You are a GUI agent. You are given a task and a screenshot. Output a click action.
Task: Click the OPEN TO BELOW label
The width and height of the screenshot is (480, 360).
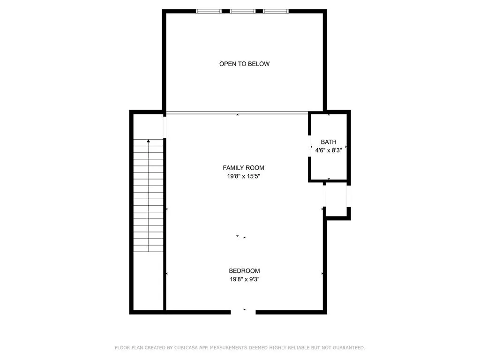tap(244, 64)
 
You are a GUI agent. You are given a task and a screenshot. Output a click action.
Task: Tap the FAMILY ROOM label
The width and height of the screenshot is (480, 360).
tap(243, 168)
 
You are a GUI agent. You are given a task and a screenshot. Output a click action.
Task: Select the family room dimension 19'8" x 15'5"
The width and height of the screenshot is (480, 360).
tap(243, 176)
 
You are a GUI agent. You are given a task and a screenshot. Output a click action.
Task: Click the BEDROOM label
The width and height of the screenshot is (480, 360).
tap(244, 270)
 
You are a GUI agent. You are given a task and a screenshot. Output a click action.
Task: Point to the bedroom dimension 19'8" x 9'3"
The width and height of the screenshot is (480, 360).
tap(244, 279)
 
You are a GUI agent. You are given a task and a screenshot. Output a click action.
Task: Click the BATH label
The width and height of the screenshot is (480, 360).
tap(329, 142)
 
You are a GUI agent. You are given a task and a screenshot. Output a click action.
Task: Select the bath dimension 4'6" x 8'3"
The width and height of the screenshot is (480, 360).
tap(329, 150)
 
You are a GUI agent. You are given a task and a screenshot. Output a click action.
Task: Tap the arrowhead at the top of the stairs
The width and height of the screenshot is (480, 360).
tap(149, 141)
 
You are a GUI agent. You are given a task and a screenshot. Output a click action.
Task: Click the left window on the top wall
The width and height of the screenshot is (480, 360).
tap(209, 11)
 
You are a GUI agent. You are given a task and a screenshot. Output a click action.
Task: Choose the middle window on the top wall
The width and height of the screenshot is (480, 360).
tap(242, 11)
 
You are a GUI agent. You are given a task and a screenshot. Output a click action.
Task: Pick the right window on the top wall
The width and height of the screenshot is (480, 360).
tap(276, 11)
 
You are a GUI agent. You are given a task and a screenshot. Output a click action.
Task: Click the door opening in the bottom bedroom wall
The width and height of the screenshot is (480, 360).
tap(243, 312)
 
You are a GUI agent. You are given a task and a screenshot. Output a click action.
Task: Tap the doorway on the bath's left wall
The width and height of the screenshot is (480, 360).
tap(309, 146)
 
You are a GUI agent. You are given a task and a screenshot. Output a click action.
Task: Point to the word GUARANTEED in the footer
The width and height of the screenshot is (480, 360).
tap(349, 348)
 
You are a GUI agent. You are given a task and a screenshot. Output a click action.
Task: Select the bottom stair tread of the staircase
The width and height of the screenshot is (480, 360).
tap(149, 248)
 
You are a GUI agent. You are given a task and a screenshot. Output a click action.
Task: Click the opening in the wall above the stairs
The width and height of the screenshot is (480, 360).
tap(165, 127)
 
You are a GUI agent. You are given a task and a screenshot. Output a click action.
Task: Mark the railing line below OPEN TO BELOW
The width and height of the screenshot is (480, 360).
tap(237, 113)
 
